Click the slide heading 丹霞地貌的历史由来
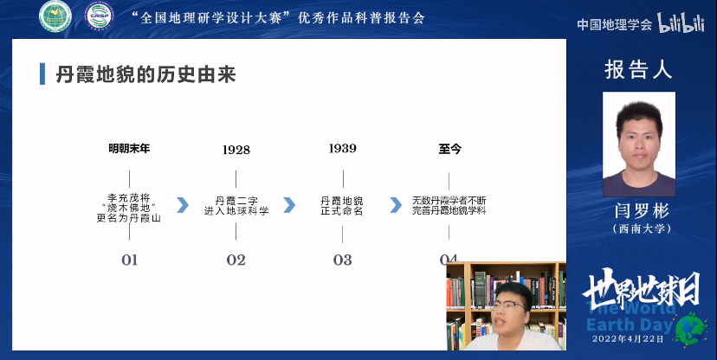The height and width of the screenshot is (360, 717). (x=145, y=74)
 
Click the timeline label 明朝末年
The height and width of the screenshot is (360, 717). (x=129, y=148)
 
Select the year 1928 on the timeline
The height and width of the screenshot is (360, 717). (x=236, y=150)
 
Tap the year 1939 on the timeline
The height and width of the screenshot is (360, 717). (x=342, y=148)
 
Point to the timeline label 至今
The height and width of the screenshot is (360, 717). (x=449, y=148)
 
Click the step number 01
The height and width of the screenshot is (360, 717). (x=129, y=260)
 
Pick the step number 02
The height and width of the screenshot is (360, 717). (x=236, y=260)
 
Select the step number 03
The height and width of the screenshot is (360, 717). (x=342, y=260)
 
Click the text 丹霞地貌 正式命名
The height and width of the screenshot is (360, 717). (x=342, y=204)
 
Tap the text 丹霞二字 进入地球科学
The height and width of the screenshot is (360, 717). (x=236, y=204)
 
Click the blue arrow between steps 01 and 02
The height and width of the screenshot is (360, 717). (x=183, y=204)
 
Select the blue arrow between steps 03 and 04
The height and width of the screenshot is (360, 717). (x=396, y=204)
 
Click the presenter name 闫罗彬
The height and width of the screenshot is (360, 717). (x=639, y=211)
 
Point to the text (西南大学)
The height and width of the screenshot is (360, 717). (x=639, y=229)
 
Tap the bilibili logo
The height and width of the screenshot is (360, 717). (x=683, y=23)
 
